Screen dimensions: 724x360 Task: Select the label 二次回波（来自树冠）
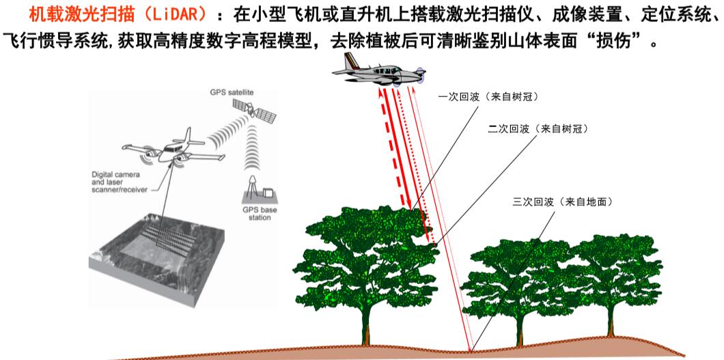click(x=538, y=130)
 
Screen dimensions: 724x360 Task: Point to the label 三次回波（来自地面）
click(x=563, y=202)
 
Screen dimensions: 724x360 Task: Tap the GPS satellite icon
click(x=254, y=110)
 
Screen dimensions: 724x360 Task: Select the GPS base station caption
click(x=260, y=214)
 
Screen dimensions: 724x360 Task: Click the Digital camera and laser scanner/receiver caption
click(x=120, y=182)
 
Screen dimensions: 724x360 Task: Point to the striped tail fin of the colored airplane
click(x=351, y=61)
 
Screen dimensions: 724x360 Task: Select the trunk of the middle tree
click(x=520, y=329)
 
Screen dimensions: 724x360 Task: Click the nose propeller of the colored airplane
click(x=420, y=73)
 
